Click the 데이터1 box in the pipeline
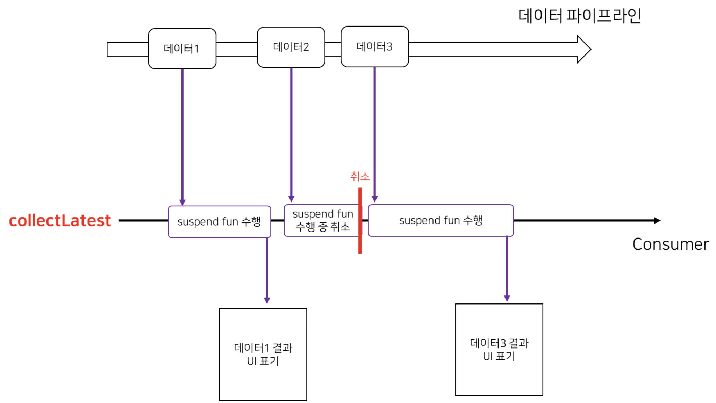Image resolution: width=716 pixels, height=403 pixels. coord(182,49)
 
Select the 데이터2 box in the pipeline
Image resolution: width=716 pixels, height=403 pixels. coord(291,47)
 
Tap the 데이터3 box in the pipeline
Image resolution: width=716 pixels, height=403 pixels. coord(374,46)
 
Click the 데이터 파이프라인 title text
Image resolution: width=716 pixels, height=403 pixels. coord(579,16)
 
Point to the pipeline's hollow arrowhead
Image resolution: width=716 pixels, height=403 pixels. coord(583,49)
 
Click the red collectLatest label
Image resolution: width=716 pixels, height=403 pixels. coord(60,221)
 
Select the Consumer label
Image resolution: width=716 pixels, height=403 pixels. coord(671,244)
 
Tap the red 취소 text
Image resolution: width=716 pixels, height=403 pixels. coord(360,176)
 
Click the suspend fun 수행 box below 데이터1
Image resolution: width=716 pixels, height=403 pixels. coord(219,222)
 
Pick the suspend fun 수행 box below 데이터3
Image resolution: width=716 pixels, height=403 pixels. coord(441,221)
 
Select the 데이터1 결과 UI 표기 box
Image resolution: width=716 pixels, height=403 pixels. coord(263,354)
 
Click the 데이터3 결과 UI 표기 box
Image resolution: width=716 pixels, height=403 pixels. coord(499,350)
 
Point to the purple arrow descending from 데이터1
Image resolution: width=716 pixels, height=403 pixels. coord(182,136)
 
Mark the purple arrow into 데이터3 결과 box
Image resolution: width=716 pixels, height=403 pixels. coord(507,269)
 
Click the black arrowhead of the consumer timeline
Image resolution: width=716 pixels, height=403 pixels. coord(657,221)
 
